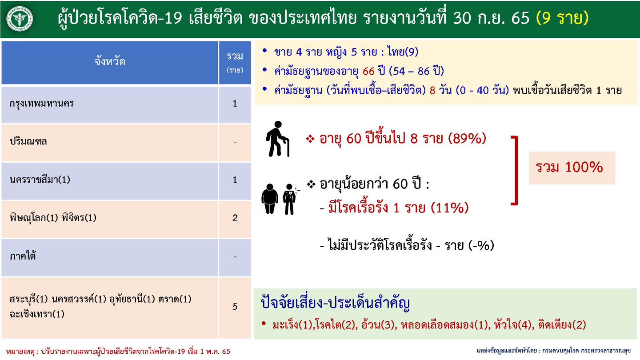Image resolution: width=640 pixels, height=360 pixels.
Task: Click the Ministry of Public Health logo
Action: [19, 19]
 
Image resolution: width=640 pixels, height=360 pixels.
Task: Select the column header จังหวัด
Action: [109, 62]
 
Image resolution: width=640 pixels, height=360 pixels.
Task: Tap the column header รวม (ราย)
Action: [235, 62]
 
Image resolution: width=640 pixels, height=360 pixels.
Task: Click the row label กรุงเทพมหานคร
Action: [42, 104]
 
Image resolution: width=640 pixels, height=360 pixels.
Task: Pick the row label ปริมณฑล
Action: [28, 142]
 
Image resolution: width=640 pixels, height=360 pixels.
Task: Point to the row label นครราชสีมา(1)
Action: [40, 180]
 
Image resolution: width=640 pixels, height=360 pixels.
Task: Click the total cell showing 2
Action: [235, 218]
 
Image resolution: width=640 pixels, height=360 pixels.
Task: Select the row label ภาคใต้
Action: [23, 256]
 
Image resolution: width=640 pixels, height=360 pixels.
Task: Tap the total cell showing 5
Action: [235, 307]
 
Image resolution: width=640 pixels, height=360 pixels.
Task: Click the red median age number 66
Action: [369, 71]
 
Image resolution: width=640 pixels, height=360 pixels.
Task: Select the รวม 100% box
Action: [572, 168]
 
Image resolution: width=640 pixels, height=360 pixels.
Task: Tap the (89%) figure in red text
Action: [467, 139]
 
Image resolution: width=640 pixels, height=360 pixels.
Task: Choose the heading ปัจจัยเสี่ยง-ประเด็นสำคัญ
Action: [335, 304]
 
